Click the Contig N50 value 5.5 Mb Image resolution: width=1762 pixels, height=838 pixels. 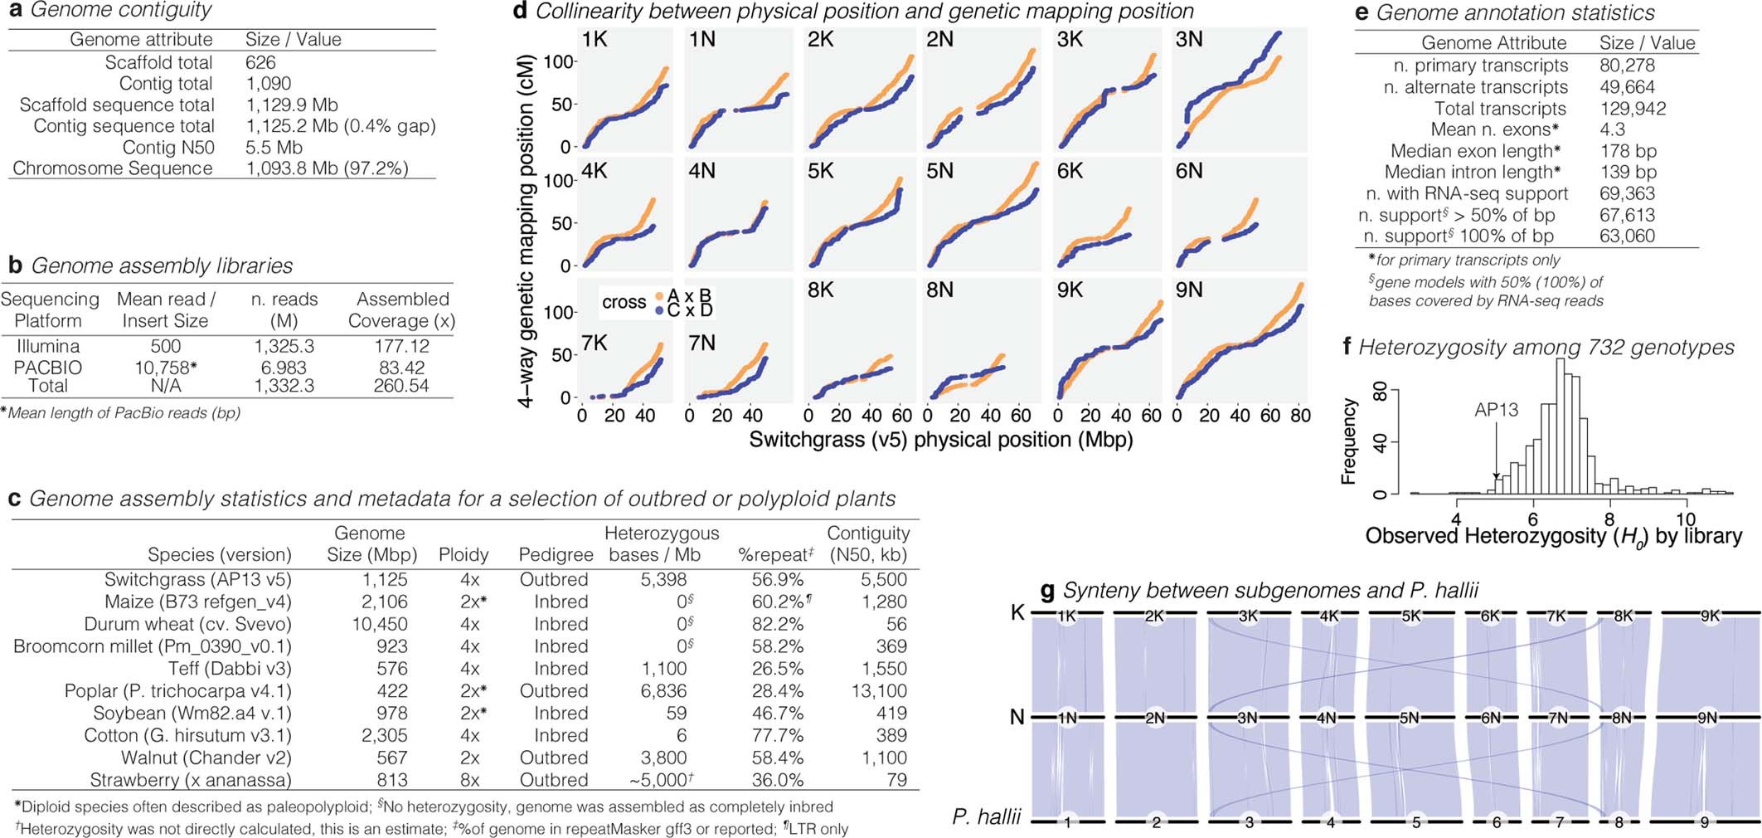[x=274, y=148]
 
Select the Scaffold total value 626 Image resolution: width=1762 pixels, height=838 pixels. [x=260, y=63]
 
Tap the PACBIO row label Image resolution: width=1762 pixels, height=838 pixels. [x=48, y=367]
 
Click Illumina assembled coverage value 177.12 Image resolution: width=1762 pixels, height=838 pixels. [x=401, y=346]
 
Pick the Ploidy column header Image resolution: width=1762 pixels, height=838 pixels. [x=464, y=554]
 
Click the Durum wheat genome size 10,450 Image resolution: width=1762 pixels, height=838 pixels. [x=380, y=624]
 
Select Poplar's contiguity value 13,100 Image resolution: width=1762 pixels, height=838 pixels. [x=879, y=691]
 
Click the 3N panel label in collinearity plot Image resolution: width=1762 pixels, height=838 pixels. [x=1189, y=40]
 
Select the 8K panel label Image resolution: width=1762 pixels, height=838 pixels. [x=820, y=290]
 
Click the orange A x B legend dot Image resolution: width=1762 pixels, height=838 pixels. [x=659, y=296]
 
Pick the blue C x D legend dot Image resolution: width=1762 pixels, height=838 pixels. [x=659, y=310]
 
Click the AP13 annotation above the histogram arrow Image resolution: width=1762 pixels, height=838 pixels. [x=1496, y=410]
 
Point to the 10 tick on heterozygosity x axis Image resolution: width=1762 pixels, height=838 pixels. [x=1686, y=520]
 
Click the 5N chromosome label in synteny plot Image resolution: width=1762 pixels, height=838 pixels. [x=1409, y=718]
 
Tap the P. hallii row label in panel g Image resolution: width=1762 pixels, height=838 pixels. [x=987, y=817]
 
